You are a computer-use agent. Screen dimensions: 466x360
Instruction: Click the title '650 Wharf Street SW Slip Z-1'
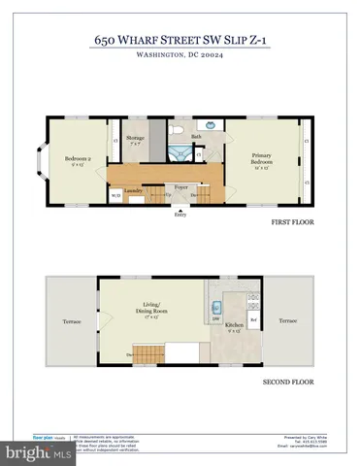[180, 41]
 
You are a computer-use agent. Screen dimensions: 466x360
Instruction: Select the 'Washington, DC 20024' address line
[180, 56]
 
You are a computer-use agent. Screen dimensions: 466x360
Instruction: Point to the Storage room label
[135, 140]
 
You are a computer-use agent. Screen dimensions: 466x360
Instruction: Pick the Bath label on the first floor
[196, 137]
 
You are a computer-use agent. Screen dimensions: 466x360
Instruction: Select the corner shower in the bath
[178, 153]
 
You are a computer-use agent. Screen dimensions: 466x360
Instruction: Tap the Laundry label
[134, 192]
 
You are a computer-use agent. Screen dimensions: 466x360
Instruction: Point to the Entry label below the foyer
[180, 216]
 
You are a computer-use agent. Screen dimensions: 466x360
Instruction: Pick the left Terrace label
[72, 319]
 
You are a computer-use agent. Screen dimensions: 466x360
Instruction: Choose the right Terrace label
[288, 319]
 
